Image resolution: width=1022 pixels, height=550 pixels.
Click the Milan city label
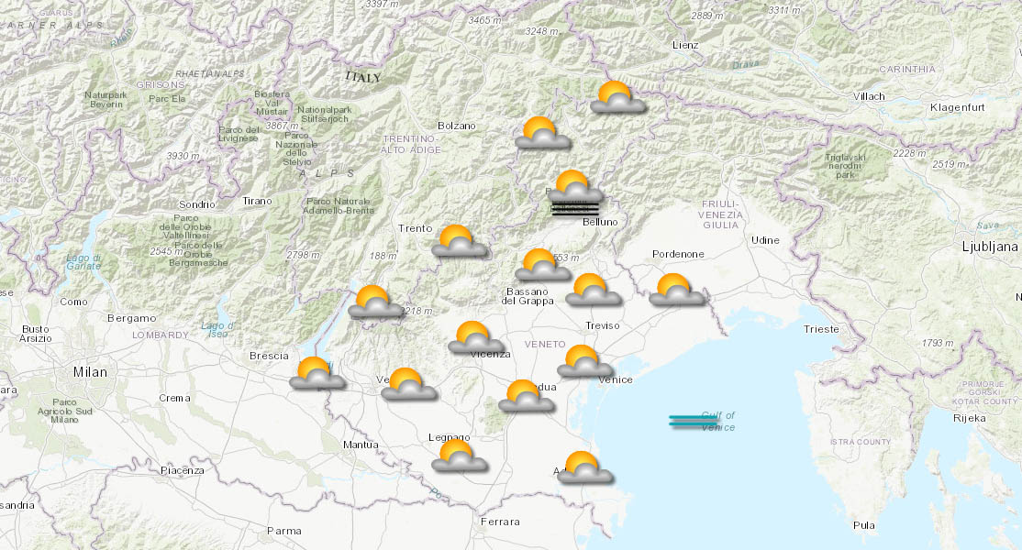click(x=90, y=372)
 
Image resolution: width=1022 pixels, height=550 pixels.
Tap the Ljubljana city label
click(x=990, y=247)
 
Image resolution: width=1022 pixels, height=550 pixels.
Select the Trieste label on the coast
click(x=820, y=328)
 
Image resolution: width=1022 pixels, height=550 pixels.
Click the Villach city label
click(x=868, y=96)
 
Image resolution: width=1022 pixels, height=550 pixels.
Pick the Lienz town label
click(x=684, y=45)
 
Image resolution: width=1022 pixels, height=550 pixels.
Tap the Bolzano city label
click(x=457, y=126)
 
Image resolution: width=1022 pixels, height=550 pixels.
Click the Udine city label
click(x=764, y=240)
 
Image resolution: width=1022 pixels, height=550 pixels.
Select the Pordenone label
click(x=678, y=254)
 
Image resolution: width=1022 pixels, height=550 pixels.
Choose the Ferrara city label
click(x=500, y=522)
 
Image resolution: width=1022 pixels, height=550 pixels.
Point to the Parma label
click(x=283, y=531)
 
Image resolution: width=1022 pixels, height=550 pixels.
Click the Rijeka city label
click(x=970, y=418)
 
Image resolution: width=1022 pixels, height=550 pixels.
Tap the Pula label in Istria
click(x=863, y=525)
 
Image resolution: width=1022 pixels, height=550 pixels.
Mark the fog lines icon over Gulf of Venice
click(x=693, y=422)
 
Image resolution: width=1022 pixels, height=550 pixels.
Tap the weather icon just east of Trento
click(x=459, y=241)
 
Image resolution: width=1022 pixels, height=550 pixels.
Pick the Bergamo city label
click(x=131, y=318)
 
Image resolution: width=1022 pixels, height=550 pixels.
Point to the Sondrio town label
click(x=196, y=204)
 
